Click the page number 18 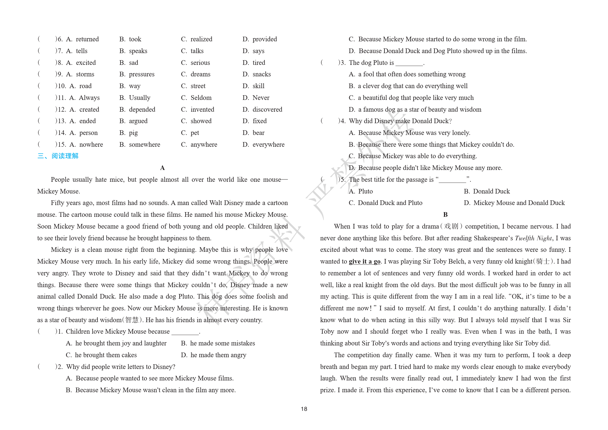coord(304,409)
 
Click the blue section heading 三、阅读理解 coord(58,156)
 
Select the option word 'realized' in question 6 coord(201,39)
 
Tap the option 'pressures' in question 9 coord(142,74)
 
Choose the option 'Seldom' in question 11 coord(201,98)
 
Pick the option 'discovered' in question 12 coord(267,109)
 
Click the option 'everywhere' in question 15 coord(268,145)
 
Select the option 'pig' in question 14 coord(133,133)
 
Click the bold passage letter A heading coord(162,168)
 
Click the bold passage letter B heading coord(445,215)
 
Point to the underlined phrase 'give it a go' coord(365,261)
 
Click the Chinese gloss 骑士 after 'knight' coord(543,261)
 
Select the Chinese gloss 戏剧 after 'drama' coord(451,226)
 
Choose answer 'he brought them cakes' coord(106,355)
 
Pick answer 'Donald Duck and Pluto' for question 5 coord(390,203)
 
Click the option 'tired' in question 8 coord(259,63)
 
